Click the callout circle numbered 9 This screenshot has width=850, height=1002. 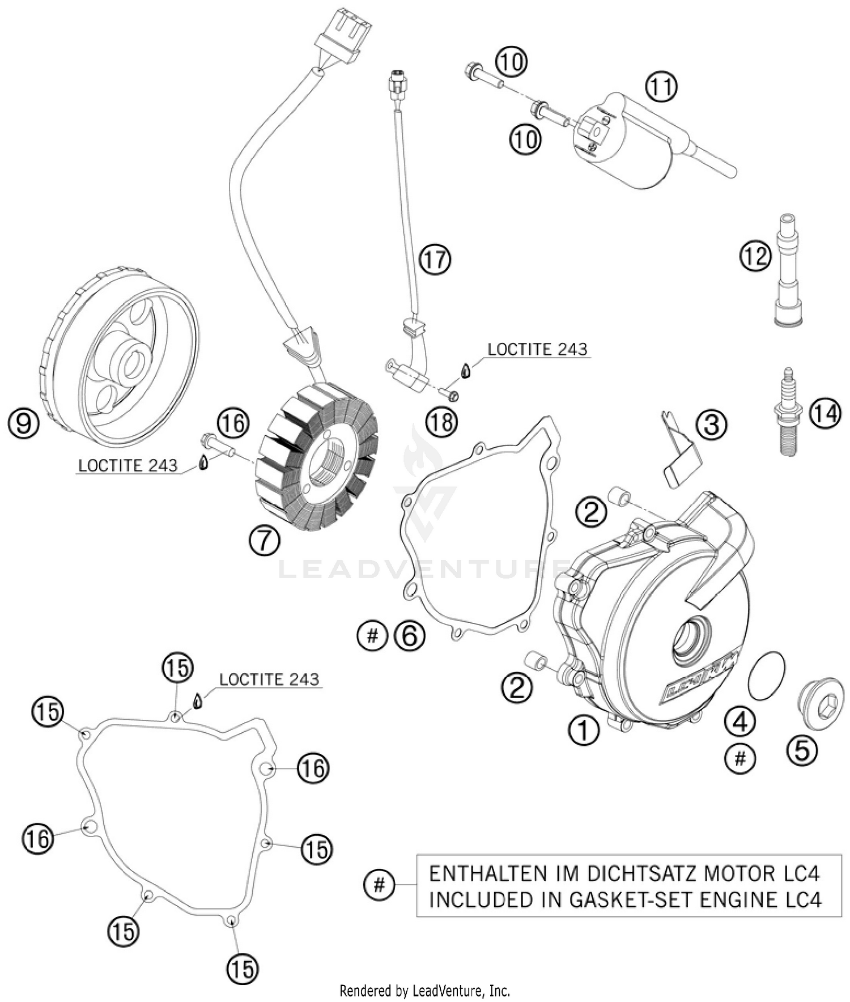point(23,423)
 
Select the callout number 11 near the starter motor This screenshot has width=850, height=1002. point(661,87)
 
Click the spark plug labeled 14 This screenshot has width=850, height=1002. point(788,411)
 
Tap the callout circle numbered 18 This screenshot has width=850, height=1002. point(442,421)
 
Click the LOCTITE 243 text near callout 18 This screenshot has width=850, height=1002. point(537,349)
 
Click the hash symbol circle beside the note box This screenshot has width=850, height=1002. point(379,884)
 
